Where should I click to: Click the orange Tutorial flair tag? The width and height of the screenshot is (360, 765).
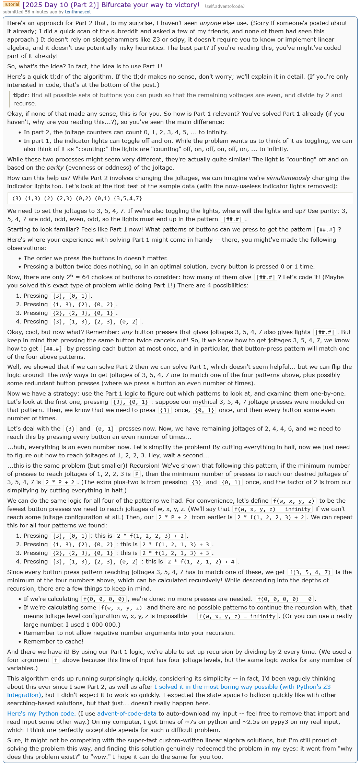pyautogui.click(x=11, y=4)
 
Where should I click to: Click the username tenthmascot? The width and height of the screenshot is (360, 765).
pyautogui.click(x=78, y=12)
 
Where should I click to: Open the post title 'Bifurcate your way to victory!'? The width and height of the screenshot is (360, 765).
pyautogui.click(x=111, y=5)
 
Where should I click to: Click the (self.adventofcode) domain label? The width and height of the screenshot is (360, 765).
pyautogui.click(x=224, y=6)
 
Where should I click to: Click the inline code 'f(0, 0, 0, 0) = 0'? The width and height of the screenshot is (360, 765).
pyautogui.click(x=284, y=599)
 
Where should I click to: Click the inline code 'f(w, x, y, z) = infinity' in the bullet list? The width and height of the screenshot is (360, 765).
pyautogui.click(x=237, y=616)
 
